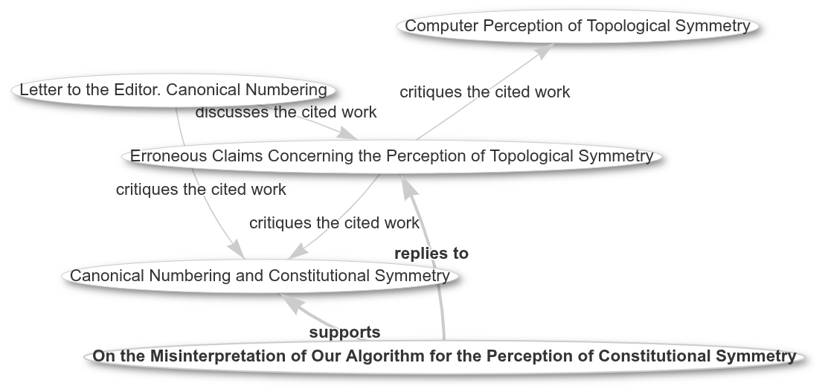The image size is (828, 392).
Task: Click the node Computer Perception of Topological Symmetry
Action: click(578, 26)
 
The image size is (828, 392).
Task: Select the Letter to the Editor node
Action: click(173, 90)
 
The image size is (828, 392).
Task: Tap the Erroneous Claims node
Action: click(392, 156)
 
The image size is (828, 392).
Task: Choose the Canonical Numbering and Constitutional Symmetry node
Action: click(260, 276)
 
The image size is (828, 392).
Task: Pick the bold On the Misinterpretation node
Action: click(444, 356)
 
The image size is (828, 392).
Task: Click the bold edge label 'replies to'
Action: click(431, 254)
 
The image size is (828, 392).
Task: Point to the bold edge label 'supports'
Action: click(345, 332)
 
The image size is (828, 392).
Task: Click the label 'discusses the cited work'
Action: click(286, 112)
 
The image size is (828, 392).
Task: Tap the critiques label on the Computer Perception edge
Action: click(485, 92)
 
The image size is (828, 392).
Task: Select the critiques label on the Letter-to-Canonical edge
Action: click(201, 189)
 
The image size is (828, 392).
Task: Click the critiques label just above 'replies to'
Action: click(334, 223)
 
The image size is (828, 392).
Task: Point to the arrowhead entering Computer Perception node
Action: click(543, 51)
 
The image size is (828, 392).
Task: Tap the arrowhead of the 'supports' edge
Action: click(292, 302)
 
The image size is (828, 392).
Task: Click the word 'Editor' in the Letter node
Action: click(131, 90)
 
